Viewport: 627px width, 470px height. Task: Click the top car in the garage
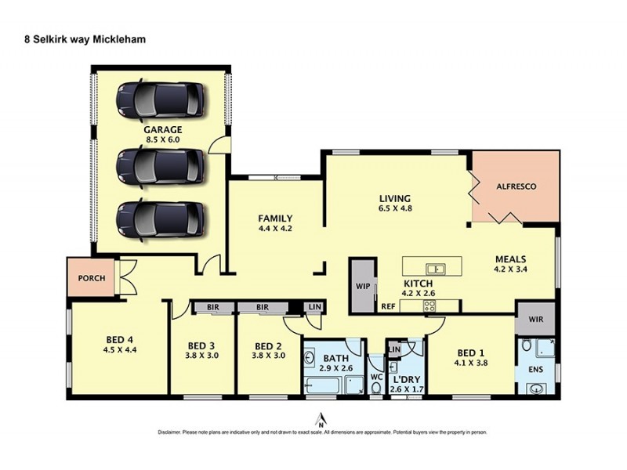point(161,99)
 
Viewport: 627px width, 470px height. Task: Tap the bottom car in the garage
point(161,219)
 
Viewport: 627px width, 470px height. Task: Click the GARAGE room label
point(162,129)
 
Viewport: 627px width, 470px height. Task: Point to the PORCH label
point(92,277)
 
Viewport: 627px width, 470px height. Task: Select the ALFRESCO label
point(516,187)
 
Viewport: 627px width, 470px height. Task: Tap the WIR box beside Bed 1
point(535,320)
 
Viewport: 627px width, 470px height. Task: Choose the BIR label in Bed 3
point(212,309)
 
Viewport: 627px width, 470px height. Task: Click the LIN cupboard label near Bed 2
point(313,307)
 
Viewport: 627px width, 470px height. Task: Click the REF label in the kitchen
point(388,307)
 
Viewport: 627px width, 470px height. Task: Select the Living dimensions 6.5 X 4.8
point(394,209)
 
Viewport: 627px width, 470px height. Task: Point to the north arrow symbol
point(319,419)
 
